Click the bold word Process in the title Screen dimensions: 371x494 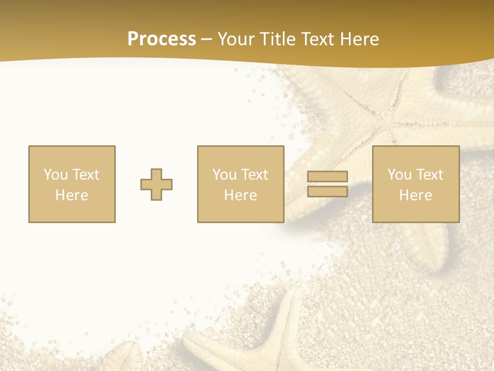pos(162,39)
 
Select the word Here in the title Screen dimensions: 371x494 pos(359,39)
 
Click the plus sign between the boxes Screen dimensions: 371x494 pos(156,184)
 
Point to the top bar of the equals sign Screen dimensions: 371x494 pos(327,176)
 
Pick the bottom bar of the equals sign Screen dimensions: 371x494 pos(327,191)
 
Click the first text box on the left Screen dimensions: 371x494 pos(72,184)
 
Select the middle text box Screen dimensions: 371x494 pos(240,184)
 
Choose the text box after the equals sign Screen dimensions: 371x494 pos(416,184)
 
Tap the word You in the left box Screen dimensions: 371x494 pos(56,175)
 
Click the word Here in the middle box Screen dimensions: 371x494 pos(240,195)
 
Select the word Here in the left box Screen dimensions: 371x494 pos(72,195)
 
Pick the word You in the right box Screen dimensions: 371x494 pos(399,175)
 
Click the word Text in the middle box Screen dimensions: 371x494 pos(254,175)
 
